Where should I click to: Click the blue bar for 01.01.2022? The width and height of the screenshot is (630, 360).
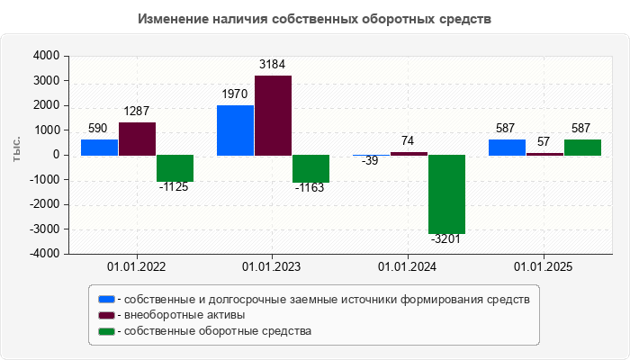[99, 147]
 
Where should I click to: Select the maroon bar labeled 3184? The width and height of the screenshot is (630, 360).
[273, 115]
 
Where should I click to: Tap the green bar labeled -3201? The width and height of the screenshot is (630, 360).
[446, 193]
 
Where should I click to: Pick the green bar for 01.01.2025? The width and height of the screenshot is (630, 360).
[582, 147]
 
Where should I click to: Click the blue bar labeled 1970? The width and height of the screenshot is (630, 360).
[235, 130]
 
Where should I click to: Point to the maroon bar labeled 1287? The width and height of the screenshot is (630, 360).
[137, 139]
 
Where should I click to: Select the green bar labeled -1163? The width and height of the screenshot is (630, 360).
[310, 168]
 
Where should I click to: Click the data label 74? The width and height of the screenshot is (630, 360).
[409, 140]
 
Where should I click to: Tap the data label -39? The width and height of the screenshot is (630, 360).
[370, 162]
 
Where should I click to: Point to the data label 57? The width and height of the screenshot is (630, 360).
[544, 141]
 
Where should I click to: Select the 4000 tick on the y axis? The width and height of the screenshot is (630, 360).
[46, 56]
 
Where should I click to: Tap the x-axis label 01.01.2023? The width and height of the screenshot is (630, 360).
[273, 266]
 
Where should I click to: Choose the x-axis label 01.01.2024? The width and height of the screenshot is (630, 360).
[409, 266]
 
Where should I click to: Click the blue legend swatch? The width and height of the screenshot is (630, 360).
[106, 299]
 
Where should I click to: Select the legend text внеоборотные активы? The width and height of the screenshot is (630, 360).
[185, 315]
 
